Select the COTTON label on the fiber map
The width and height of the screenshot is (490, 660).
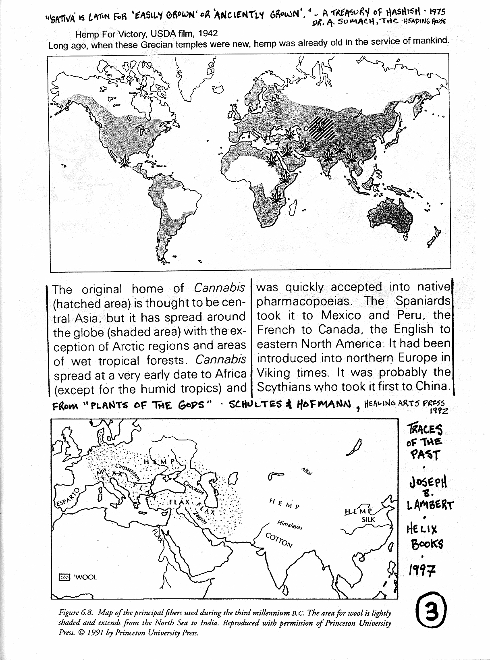point(279,540)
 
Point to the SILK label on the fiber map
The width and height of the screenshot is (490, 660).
point(368,520)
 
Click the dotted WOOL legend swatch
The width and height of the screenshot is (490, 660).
point(64,577)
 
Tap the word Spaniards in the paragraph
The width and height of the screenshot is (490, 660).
point(422,301)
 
